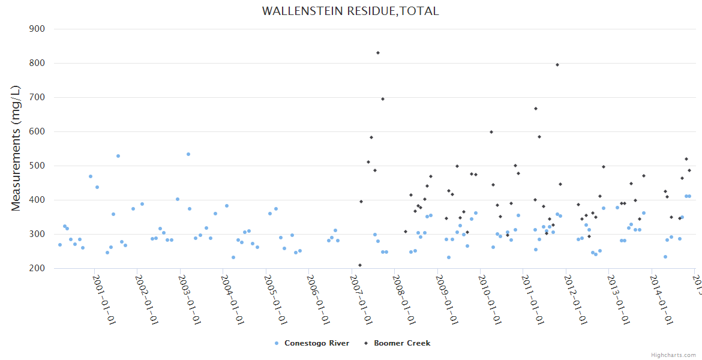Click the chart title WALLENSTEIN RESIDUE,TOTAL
point(350,11)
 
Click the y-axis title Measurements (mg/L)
point(16,148)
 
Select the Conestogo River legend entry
point(316,343)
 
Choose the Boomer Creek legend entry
point(401,343)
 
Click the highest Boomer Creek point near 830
point(378,53)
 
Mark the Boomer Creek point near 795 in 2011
point(557,65)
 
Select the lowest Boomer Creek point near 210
point(360,265)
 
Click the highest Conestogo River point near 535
point(188,154)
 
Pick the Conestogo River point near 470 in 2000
point(91,176)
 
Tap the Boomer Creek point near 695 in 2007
point(383,99)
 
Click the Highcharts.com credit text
point(673,355)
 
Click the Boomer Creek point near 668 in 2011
point(536,109)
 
